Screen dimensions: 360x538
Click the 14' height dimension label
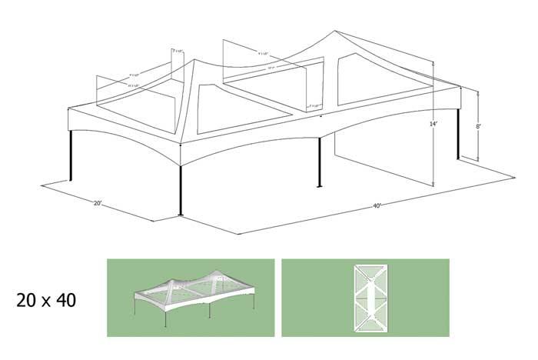coord(434,123)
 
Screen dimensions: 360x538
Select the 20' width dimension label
coord(98,204)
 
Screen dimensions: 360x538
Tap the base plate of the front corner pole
coord(181,215)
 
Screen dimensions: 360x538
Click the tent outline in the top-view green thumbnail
coord(365,297)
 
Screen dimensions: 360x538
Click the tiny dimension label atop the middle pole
coord(314,106)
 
